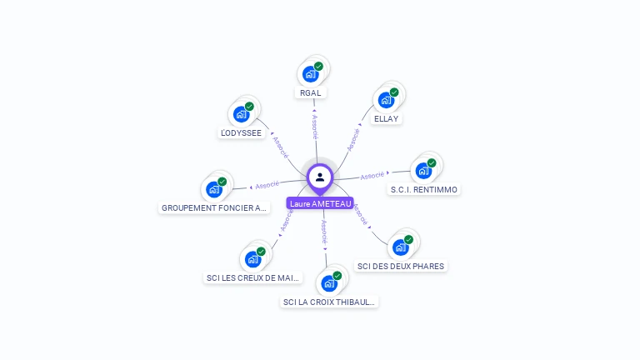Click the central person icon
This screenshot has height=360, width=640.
pyautogui.click(x=320, y=177)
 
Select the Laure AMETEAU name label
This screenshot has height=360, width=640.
pyautogui.click(x=320, y=203)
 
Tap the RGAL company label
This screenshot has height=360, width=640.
pyautogui.click(x=310, y=93)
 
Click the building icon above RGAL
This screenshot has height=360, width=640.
pyautogui.click(x=311, y=73)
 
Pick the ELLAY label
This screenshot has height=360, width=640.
pyautogui.click(x=387, y=118)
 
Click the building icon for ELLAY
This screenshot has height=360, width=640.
pyautogui.click(x=386, y=100)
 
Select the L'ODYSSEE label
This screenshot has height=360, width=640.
pyautogui.click(x=241, y=132)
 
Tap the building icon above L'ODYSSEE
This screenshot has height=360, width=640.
pyautogui.click(x=242, y=114)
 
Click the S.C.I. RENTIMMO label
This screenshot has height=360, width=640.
pyautogui.click(x=424, y=189)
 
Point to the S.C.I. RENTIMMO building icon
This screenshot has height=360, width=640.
pyautogui.click(x=423, y=171)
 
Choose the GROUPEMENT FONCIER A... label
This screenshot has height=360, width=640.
pyautogui.click(x=215, y=207)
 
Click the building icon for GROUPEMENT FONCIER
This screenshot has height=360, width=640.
pyautogui.click(x=214, y=189)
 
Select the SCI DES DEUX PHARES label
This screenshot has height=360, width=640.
pyautogui.click(x=401, y=266)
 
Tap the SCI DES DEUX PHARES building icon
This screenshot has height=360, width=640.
pyautogui.click(x=401, y=247)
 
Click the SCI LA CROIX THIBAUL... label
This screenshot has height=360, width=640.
pyautogui.click(x=330, y=302)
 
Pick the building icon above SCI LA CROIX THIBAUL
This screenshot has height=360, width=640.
pyautogui.click(x=329, y=283)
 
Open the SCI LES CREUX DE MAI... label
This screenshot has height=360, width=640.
pyautogui.click(x=253, y=277)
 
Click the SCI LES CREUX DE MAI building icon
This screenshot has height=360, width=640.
pyautogui.click(x=252, y=259)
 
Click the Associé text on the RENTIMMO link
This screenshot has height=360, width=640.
pyautogui.click(x=372, y=176)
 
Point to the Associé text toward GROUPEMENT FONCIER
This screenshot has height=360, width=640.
pyautogui.click(x=267, y=185)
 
